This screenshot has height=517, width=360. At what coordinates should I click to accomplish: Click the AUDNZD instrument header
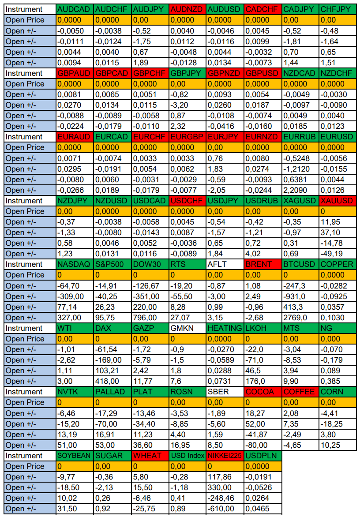[x=187, y=9]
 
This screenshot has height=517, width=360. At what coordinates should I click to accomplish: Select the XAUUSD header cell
[x=337, y=201]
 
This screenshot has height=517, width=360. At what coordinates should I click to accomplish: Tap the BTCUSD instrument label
[x=300, y=264]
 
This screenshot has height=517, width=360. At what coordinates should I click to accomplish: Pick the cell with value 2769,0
[x=300, y=318]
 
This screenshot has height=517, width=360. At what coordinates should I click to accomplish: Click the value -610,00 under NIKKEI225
[x=225, y=509]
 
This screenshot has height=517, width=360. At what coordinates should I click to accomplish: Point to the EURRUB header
[x=300, y=137]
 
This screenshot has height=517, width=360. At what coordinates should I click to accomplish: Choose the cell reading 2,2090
[x=300, y=190]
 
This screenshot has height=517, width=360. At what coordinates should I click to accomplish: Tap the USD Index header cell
[x=187, y=456]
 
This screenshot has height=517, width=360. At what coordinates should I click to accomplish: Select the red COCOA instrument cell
[x=262, y=392]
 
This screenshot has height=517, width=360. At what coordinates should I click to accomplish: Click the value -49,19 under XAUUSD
[x=337, y=254]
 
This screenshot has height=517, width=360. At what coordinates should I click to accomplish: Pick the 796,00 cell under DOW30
[x=150, y=318]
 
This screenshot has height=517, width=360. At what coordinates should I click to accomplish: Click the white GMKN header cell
[x=187, y=328]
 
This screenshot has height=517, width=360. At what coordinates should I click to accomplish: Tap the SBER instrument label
[x=225, y=392]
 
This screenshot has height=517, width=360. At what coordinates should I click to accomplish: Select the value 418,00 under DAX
[x=112, y=381]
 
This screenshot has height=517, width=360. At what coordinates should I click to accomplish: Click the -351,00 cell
[x=150, y=296]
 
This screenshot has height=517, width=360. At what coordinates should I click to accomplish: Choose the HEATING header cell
[x=225, y=328]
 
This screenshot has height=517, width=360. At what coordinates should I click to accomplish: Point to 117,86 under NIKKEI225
[x=225, y=477]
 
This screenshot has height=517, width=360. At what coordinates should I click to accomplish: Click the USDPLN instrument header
[x=262, y=456]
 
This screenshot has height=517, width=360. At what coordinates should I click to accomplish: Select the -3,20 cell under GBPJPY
[x=187, y=105]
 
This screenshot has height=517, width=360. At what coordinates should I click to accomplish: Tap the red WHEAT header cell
[x=150, y=456]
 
